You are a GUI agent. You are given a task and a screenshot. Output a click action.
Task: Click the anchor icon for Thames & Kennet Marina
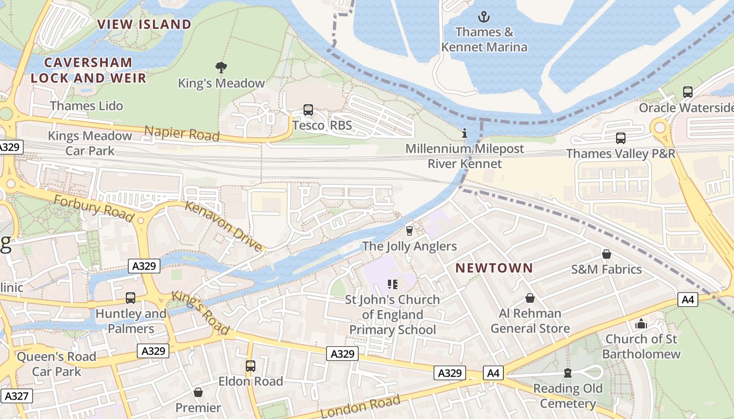pos(484,17)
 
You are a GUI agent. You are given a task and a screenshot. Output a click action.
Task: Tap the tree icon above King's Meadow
pos(221,67)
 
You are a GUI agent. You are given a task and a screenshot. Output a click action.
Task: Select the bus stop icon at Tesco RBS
pos(308,110)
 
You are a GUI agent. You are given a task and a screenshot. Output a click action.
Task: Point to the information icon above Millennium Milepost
pos(464,134)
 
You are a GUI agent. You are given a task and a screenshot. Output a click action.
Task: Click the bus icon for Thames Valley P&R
pos(621,138)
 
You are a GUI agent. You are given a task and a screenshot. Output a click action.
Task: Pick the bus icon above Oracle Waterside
pos(688,92)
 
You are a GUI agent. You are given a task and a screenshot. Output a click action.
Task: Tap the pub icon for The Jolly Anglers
pos(409,230)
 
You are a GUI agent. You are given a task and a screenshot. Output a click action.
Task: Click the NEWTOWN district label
pos(494,268)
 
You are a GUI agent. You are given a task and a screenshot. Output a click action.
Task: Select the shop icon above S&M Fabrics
pos(607,254)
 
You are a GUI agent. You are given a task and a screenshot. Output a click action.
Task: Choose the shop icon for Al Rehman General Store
pos(530,298)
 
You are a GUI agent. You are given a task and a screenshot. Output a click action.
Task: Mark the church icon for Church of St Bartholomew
pos(641,324)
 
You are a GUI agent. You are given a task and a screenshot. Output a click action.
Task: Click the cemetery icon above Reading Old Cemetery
pos(567,373)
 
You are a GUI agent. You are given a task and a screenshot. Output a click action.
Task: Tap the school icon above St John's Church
pos(393,284)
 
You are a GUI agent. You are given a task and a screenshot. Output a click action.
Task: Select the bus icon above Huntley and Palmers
pos(131,298)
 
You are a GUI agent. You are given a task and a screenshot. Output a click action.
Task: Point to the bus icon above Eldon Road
pos(251,366)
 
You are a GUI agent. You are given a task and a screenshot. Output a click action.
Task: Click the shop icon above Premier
pos(198,392)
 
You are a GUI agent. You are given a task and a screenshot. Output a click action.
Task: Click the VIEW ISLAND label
pos(144,24)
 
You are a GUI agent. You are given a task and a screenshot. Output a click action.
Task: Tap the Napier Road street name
pos(181,133)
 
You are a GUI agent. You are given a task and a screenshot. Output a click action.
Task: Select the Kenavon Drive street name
pos(223,226)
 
